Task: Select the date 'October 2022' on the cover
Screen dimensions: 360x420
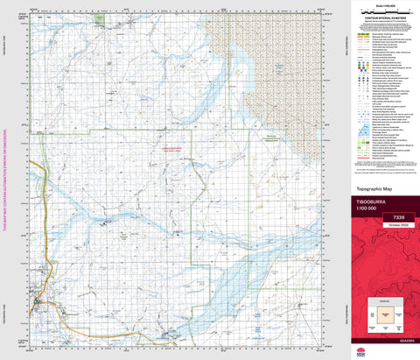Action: click(x=386, y=227)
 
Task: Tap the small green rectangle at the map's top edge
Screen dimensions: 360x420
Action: click(x=99, y=18)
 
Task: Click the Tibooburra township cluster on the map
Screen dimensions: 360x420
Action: click(x=38, y=304)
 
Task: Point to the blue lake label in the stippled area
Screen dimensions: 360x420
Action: click(x=250, y=61)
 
